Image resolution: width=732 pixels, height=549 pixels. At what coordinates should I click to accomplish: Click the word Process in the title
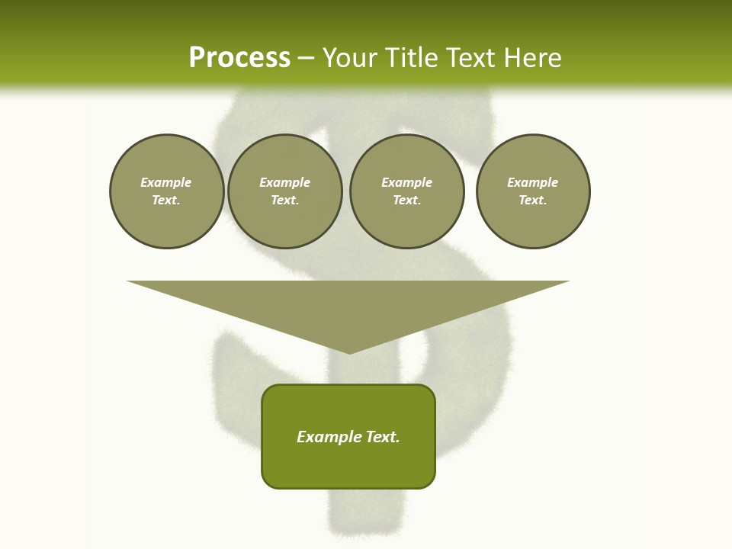(239, 58)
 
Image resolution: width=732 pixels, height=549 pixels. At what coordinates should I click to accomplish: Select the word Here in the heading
(534, 58)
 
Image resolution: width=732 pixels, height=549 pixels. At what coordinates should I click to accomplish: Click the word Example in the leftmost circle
(166, 182)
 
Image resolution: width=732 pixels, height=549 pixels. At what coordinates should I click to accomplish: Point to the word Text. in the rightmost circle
(533, 200)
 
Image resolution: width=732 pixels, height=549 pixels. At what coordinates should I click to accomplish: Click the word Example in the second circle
(284, 182)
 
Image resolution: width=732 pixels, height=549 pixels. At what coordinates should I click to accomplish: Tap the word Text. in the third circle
(406, 200)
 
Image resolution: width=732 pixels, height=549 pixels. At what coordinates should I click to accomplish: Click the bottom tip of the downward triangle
(349, 352)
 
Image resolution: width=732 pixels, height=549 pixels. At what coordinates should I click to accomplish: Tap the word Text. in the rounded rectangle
(383, 437)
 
